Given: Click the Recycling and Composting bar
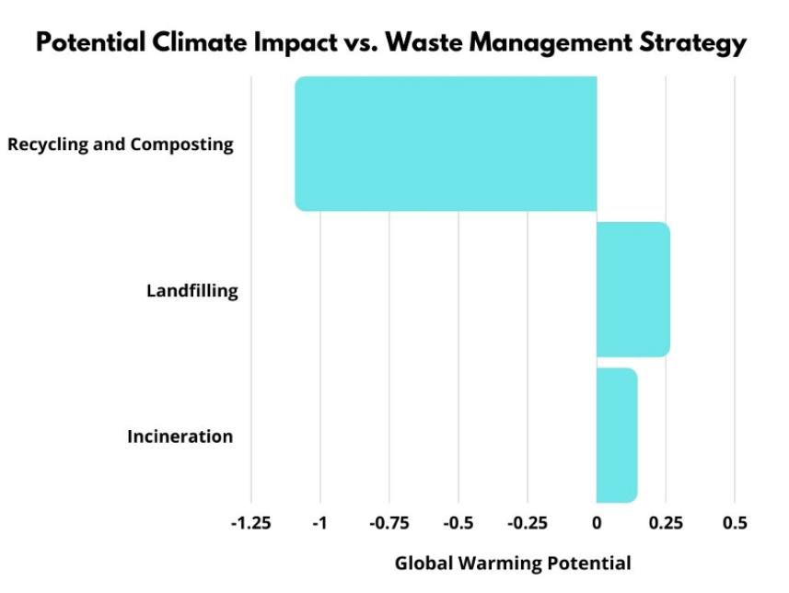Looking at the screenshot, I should (x=446, y=144).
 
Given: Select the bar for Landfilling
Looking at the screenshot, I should (x=632, y=289).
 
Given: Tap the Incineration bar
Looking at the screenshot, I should (x=616, y=436).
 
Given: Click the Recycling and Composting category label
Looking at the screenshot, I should (x=121, y=145).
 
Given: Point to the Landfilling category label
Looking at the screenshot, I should (x=192, y=291).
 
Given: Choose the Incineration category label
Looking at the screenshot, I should (x=180, y=436).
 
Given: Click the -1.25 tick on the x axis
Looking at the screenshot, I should (x=250, y=523).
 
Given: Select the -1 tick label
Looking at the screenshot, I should (x=320, y=523).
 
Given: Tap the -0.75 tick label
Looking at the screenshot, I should (x=389, y=523).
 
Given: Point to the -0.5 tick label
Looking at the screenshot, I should (x=458, y=523).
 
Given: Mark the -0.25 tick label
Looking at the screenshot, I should (x=528, y=523).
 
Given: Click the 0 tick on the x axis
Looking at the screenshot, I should (x=597, y=523).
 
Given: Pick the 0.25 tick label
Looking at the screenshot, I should (x=666, y=523).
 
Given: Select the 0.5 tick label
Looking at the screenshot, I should (x=735, y=523).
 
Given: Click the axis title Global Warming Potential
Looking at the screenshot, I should (x=514, y=564).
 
